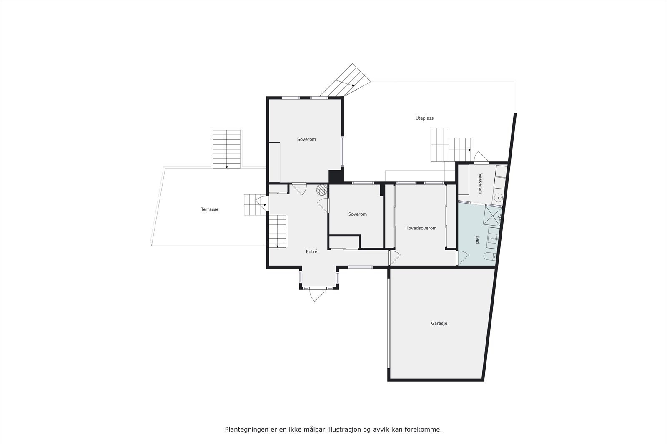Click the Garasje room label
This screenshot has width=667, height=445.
(x=439, y=323)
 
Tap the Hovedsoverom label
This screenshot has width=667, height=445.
(x=421, y=228)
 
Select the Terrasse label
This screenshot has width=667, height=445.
(x=210, y=209)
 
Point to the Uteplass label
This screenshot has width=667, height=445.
(x=424, y=118)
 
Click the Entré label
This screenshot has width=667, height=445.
(x=311, y=251)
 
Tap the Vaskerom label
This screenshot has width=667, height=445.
(x=480, y=184)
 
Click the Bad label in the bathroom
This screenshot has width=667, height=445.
(x=478, y=239)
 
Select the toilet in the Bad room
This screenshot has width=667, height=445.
(x=489, y=256)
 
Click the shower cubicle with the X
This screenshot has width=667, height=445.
(x=493, y=216)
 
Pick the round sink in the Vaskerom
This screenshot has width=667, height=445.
(x=497, y=198)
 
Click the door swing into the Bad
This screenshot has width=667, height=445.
(x=462, y=258)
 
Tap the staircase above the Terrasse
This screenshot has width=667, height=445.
(x=227, y=149)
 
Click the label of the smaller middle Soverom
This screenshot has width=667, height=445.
(x=357, y=214)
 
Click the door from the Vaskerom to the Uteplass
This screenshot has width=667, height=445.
(x=481, y=157)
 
